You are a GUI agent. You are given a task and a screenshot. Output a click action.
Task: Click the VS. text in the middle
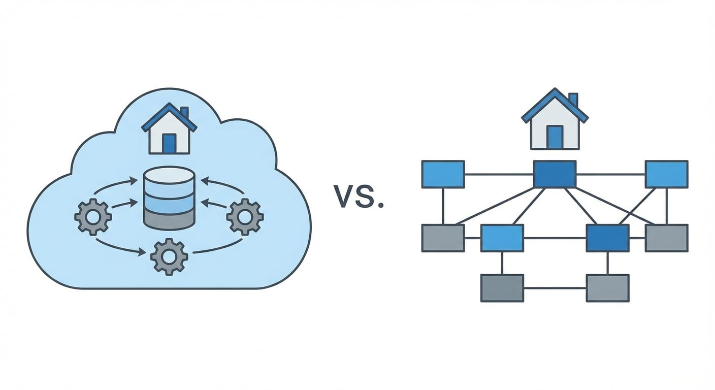click(x=358, y=196)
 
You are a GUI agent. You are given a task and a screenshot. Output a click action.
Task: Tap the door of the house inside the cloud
click(x=169, y=143)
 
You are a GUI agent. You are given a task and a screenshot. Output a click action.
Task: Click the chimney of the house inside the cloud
click(x=184, y=113)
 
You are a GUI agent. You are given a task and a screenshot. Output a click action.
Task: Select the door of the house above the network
click(x=555, y=137)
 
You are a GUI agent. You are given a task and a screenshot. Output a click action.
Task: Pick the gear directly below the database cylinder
click(x=169, y=257)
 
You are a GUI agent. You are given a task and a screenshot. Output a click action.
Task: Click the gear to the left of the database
click(x=93, y=217)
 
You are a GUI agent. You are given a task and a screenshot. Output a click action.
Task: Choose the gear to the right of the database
click(x=245, y=217)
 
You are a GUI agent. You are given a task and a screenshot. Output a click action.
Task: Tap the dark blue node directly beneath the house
click(x=555, y=174)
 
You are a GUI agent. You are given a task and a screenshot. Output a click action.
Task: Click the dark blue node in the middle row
click(x=607, y=238)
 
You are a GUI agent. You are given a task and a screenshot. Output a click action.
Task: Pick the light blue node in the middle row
click(x=502, y=238)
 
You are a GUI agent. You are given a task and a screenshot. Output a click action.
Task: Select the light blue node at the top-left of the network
click(x=443, y=174)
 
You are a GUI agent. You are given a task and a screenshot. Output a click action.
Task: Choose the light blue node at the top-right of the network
click(x=666, y=174)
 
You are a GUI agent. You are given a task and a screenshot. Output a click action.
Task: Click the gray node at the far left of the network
click(x=443, y=238)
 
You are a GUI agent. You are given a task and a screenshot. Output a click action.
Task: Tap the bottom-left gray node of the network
click(x=502, y=288)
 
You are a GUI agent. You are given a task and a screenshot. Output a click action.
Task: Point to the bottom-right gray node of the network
click(x=607, y=288)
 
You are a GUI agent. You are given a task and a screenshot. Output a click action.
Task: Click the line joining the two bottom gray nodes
click(x=555, y=288)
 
